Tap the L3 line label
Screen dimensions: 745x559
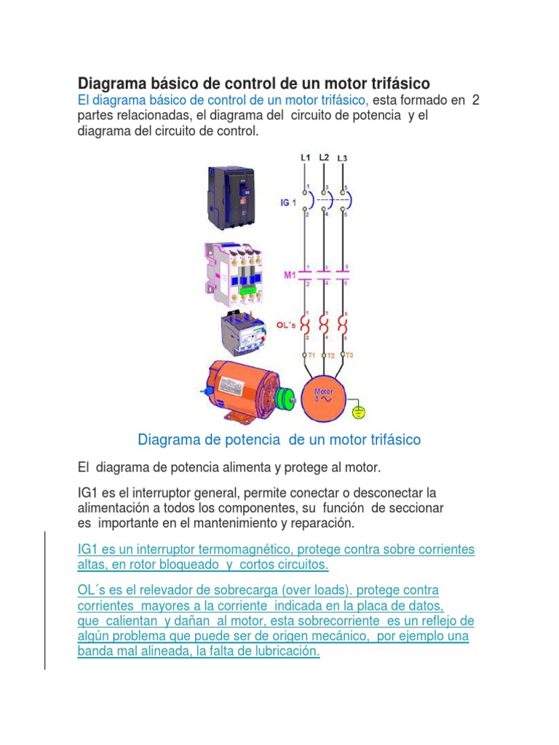[x=343, y=159]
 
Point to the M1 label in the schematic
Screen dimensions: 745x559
[x=289, y=275]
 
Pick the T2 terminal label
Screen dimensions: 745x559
[x=330, y=356]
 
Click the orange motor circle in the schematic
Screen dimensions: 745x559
[x=325, y=399]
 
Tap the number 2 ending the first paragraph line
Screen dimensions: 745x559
[x=475, y=100]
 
